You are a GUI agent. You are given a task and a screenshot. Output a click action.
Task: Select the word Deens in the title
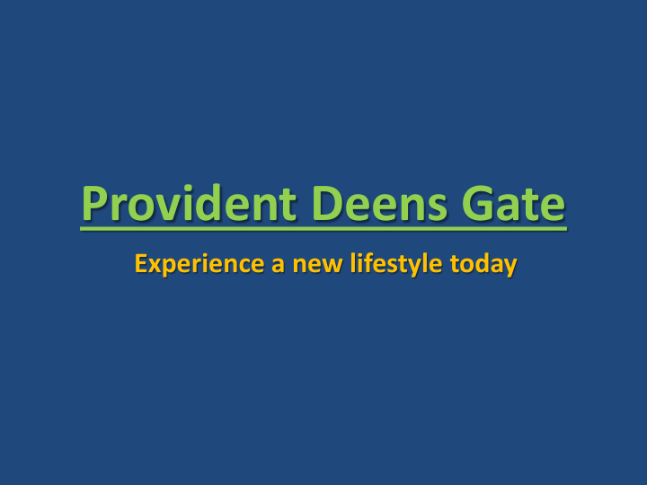[x=377, y=204]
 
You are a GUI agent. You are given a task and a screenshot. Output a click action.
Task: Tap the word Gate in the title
[x=514, y=204]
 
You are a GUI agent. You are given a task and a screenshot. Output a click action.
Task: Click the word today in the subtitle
[x=483, y=265]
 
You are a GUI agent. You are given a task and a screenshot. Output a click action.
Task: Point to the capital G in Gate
[x=477, y=204]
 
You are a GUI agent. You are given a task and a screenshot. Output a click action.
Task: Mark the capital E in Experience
[x=140, y=265]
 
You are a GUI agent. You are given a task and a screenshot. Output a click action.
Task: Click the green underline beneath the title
[x=323, y=228]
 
